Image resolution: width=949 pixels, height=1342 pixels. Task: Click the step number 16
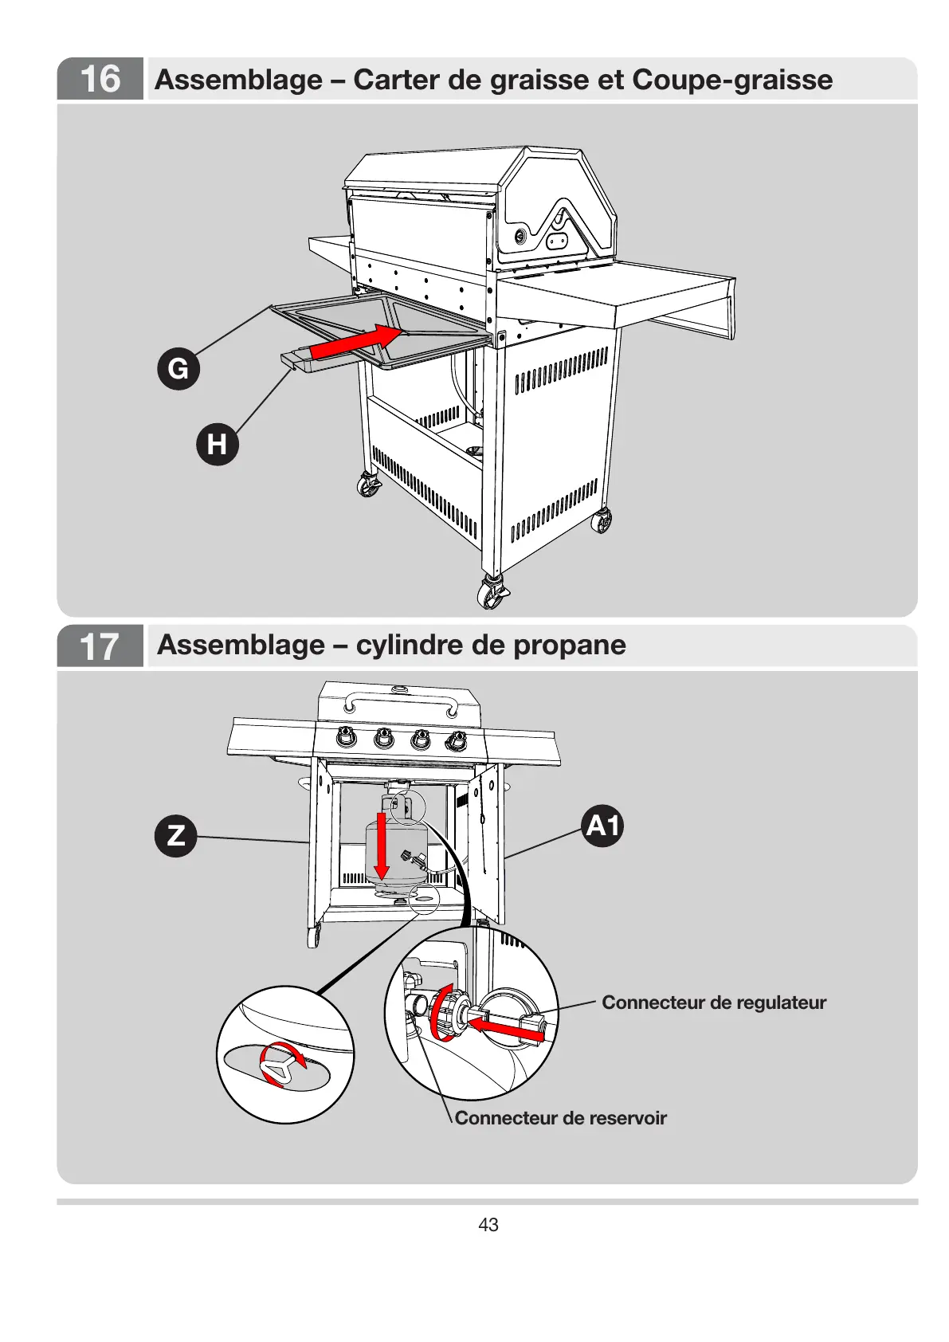click(100, 79)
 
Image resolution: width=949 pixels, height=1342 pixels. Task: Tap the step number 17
click(100, 646)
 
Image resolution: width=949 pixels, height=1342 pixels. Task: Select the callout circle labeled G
click(178, 369)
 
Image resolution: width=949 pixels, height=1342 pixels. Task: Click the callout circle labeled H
click(218, 444)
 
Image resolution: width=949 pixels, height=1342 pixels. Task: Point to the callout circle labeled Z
click(175, 835)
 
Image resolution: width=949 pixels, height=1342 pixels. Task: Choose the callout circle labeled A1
click(602, 826)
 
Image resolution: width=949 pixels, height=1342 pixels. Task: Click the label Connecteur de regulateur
click(714, 1003)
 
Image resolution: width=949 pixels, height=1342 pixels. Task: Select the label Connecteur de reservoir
click(560, 1118)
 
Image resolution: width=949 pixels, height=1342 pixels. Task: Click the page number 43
click(488, 1225)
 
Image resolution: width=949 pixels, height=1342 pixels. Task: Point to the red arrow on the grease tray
click(355, 341)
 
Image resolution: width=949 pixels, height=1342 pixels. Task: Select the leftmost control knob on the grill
click(346, 738)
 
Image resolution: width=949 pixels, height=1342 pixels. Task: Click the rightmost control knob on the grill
click(456, 740)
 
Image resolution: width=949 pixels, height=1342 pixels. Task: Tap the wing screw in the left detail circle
click(278, 1065)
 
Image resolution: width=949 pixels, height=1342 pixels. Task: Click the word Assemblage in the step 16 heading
click(239, 80)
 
